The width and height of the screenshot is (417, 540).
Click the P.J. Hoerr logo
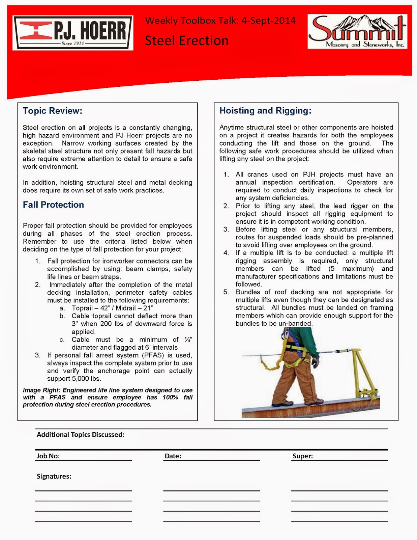[73, 33]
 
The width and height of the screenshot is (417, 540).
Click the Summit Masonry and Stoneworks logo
[357, 31]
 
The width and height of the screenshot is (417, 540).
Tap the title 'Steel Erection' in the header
[186, 41]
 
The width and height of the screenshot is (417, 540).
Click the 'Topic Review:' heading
[52, 111]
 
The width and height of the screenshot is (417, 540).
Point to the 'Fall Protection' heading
[53, 205]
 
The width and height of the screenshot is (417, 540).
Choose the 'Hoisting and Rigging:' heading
[265, 110]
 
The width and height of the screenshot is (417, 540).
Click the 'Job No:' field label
[48, 456]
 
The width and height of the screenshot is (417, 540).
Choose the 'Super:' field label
[302, 456]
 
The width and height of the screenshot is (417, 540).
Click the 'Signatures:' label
[54, 476]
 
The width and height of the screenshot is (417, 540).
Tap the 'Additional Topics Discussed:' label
[81, 434]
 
